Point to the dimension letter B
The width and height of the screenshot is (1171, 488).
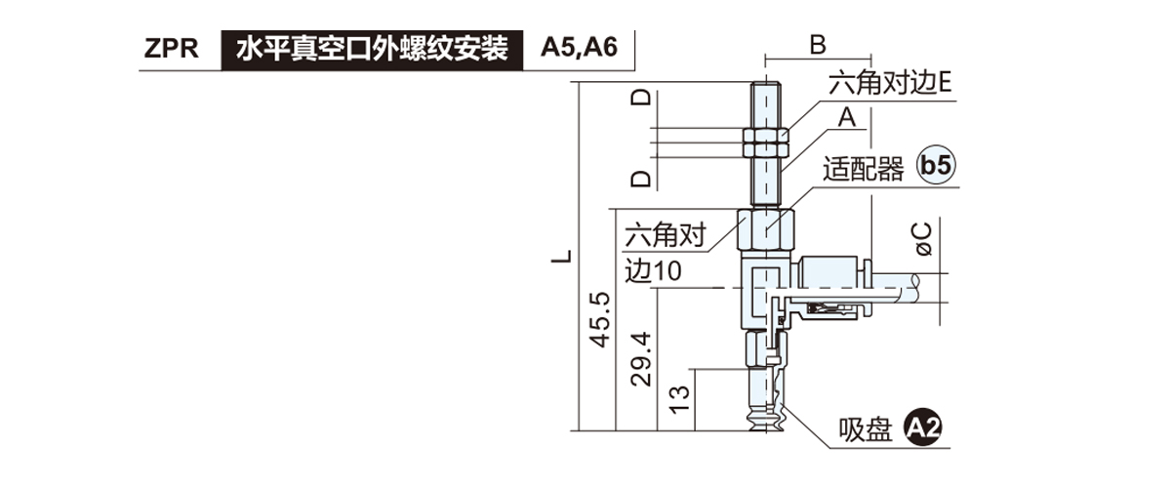pos(818,43)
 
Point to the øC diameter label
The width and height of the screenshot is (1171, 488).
pos(923,240)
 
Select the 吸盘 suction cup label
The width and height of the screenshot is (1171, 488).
pos(867,428)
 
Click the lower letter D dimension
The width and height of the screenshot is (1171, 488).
pos(641,179)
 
